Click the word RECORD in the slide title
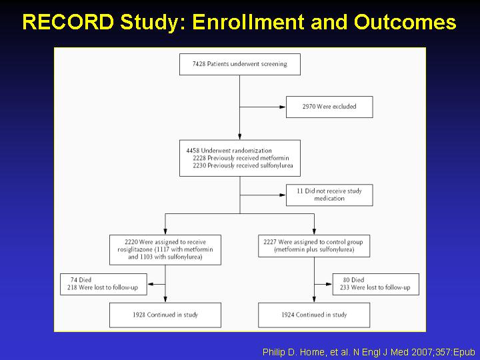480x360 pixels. pos(68,22)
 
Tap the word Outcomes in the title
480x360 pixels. pos(405,22)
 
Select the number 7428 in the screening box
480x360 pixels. pos(199,64)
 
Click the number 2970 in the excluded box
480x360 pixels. pos(309,107)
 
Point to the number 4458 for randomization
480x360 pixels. pos(193,151)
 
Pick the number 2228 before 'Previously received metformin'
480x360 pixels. pos(199,158)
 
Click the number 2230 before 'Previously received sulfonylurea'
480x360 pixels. pos(199,165)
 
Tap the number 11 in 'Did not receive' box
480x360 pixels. pos(300,191)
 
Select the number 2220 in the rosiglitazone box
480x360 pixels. pos(131,242)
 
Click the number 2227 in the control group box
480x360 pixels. pos(270,242)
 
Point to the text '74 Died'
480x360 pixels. pos(81,280)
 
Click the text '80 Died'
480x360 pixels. pos(353,280)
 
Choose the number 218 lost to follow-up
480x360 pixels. pos(72,287)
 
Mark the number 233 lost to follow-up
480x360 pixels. pos(345,287)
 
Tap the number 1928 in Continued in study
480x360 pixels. pos(139,315)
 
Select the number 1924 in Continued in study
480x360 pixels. pos(288,315)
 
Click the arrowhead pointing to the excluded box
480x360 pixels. pos(282,107)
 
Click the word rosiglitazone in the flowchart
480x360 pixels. pos(135,249)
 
